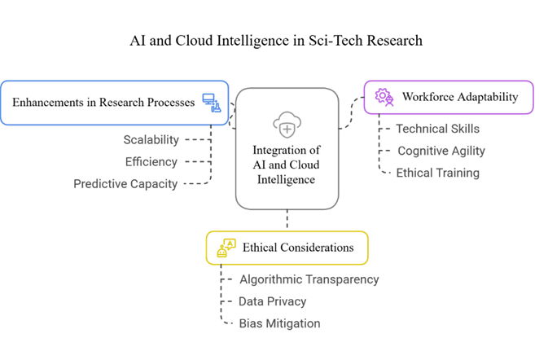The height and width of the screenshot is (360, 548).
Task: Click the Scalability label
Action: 151,140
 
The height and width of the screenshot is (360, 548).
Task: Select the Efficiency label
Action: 151,162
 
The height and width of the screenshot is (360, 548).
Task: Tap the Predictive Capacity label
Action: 125,184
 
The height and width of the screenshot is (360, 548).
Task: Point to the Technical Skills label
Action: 437,129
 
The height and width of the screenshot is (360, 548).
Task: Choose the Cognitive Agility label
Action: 441,151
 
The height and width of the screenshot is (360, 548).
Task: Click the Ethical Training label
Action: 437,173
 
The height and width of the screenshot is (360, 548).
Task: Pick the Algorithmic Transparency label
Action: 309,279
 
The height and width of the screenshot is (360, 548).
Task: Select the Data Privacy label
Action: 273,301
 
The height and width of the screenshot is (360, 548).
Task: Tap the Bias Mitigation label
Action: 279,323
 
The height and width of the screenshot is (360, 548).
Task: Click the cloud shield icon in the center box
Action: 287,126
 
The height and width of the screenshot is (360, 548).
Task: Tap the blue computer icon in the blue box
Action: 212,103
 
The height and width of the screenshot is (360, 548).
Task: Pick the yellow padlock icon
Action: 226,248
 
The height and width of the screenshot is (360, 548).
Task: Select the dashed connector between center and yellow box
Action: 287,220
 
